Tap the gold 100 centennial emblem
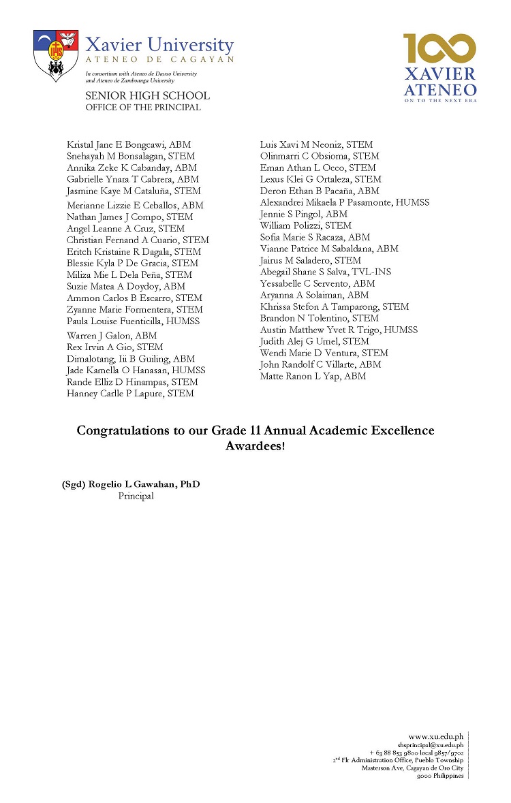[439, 49]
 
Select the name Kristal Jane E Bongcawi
[129, 144]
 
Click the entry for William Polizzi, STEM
[305, 225]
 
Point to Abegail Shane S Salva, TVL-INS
[325, 272]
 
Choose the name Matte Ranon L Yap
[313, 376]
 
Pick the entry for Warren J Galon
[112, 336]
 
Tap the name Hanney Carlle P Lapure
[130, 394]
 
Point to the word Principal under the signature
[136, 496]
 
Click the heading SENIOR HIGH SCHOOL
[147, 96]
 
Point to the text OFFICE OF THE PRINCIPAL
[143, 107]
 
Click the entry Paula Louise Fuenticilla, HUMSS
[133, 321]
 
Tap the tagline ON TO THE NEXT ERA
[439, 100]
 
